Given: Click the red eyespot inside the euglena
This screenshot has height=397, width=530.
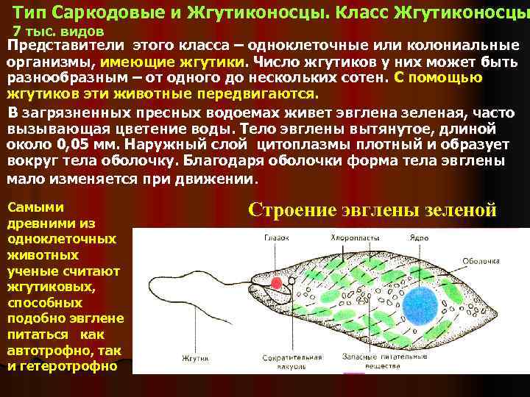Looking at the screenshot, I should (x=278, y=283).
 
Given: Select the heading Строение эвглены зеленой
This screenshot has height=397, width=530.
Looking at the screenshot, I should (x=372, y=210).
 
